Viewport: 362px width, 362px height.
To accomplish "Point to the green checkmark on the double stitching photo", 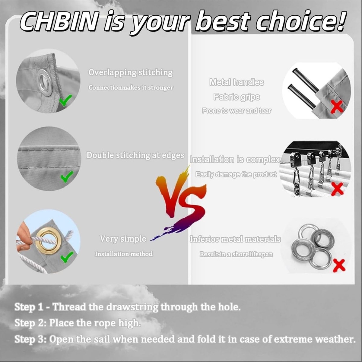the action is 67,176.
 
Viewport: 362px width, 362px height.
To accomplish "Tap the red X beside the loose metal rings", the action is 339,266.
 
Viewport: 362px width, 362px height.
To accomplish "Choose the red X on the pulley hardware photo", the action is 337,189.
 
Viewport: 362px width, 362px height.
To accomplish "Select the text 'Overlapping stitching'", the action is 131,73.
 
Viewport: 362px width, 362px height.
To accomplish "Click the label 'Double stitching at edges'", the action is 135,156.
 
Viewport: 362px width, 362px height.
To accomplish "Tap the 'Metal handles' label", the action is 237,82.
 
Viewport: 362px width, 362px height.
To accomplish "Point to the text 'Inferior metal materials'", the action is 235,239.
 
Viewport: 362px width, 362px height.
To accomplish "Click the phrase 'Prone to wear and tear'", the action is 237,111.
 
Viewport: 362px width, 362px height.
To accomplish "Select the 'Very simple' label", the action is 123,239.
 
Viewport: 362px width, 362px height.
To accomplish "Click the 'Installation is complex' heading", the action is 235,160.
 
